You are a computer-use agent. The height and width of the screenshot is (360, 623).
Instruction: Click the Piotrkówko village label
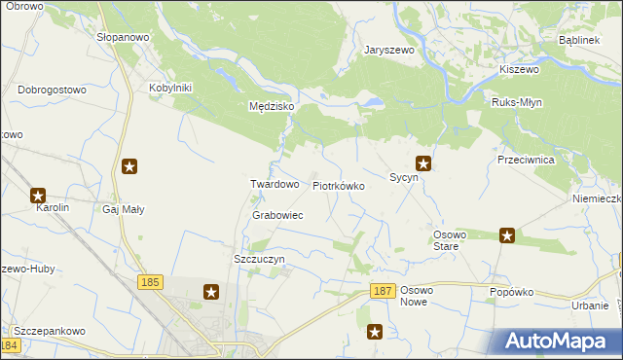pos(338,185)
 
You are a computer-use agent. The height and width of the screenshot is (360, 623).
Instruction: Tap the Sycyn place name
pos(404,178)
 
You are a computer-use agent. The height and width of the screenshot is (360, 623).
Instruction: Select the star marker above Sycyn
pos(423,163)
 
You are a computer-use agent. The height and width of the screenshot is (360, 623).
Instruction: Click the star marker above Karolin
pos(39,195)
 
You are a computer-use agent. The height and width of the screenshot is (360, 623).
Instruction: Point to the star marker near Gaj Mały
pos(129,166)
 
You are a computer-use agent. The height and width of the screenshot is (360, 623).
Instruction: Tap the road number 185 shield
pos(149,282)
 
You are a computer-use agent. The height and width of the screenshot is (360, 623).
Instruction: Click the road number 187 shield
pos(383,291)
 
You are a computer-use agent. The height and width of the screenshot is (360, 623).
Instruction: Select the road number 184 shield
pos(11,345)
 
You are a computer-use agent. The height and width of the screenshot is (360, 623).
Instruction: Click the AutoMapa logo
pos(556,342)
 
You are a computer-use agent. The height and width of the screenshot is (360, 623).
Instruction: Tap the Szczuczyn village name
pos(259,260)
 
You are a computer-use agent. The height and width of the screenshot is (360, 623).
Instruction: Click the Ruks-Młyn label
pos(518,102)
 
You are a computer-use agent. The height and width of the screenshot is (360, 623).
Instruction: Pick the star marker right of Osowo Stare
pos(507,234)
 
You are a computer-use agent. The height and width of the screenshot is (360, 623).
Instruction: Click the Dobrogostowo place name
pos(53,90)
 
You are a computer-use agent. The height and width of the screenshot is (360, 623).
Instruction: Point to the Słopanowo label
pos(122,37)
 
